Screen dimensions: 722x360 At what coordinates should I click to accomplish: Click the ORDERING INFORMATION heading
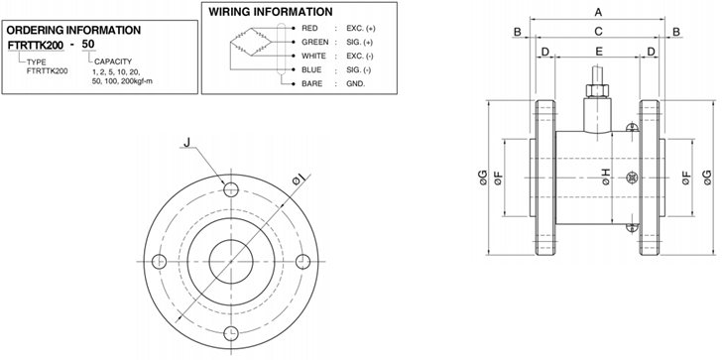tap(73, 31)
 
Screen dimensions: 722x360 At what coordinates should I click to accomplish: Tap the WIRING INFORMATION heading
tap(271, 12)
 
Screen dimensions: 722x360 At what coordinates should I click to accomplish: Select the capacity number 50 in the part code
tap(88, 45)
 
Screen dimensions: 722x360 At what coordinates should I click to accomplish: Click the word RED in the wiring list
tap(309, 28)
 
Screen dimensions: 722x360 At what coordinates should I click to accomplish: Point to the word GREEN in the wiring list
tap(315, 42)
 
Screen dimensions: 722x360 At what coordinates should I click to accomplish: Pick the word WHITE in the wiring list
tap(313, 56)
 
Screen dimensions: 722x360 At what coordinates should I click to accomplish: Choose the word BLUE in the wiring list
tap(311, 69)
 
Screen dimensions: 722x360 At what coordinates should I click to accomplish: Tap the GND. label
tap(356, 83)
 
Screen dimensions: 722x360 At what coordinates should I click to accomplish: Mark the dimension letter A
tap(598, 13)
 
